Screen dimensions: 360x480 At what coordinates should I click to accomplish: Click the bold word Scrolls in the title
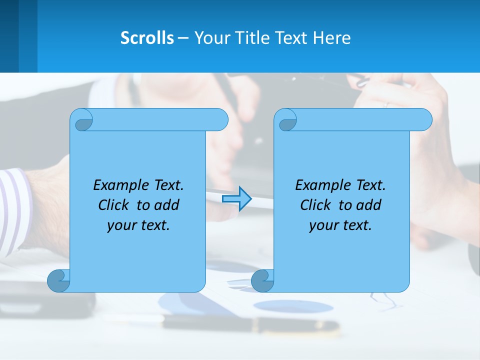point(147,37)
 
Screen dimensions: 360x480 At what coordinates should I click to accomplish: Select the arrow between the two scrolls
point(236,199)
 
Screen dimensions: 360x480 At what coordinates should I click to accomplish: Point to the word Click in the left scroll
point(115,205)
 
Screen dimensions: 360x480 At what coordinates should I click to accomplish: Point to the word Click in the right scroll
point(317,205)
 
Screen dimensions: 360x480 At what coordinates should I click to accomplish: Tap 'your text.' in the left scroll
point(138,225)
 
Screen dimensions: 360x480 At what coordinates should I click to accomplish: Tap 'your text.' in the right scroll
point(340,225)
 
